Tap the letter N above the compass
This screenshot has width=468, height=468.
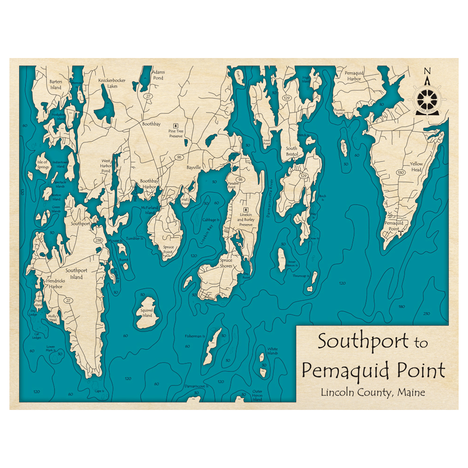(426, 71)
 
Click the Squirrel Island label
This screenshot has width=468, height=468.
(147, 313)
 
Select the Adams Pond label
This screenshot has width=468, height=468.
(158, 75)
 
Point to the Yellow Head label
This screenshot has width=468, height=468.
(416, 167)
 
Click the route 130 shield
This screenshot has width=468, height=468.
(401, 173)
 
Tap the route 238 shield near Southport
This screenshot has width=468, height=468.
(98, 240)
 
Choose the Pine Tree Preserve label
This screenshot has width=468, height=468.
(175, 134)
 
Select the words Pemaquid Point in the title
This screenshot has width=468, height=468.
(373, 371)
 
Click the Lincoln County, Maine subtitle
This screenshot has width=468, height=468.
(373, 392)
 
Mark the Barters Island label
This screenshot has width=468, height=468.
(56, 84)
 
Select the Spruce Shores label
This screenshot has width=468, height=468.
(226, 263)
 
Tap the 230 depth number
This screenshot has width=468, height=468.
(426, 313)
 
